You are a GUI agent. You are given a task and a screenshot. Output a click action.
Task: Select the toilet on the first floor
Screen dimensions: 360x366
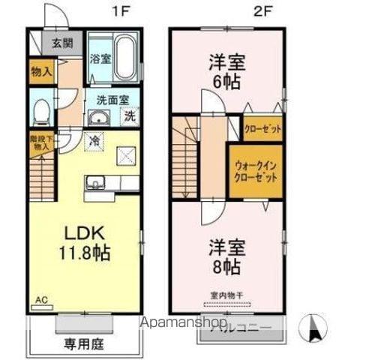pyautogui.click(x=42, y=112)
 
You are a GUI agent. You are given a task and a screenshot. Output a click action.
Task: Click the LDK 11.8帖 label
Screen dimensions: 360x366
pyautogui.click(x=83, y=241)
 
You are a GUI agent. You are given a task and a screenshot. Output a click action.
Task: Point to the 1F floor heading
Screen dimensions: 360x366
pyautogui.click(x=118, y=10)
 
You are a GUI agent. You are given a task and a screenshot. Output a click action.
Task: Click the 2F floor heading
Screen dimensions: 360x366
pyautogui.click(x=259, y=10)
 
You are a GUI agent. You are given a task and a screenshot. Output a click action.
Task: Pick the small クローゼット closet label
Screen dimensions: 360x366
pyautogui.click(x=262, y=129)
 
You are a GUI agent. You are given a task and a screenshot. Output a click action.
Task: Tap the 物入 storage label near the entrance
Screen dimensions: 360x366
pyautogui.click(x=41, y=73)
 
